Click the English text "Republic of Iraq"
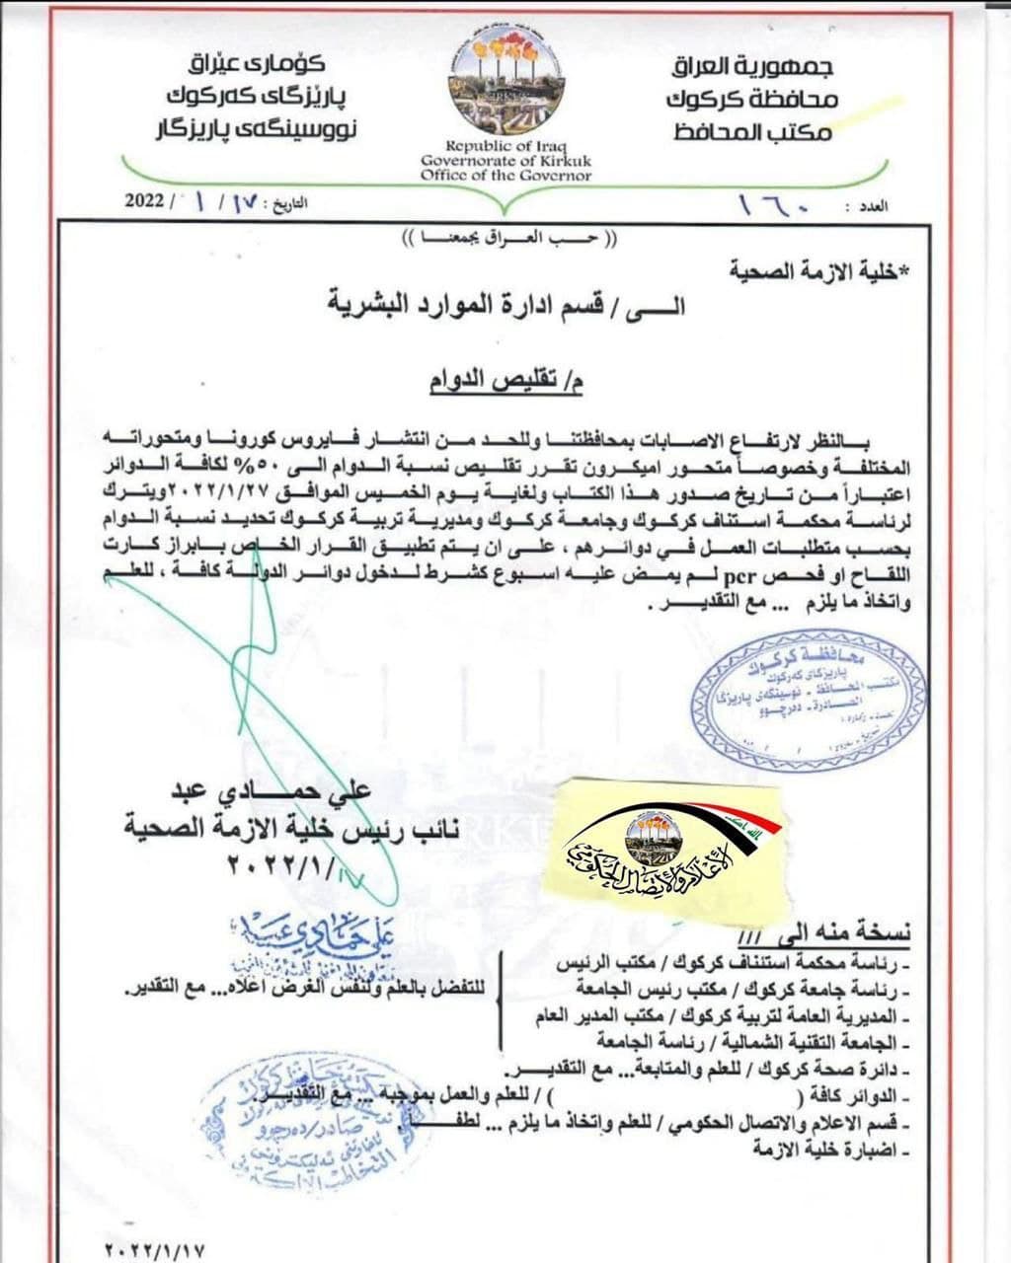pos(505,145)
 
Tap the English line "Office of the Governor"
pos(505,176)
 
